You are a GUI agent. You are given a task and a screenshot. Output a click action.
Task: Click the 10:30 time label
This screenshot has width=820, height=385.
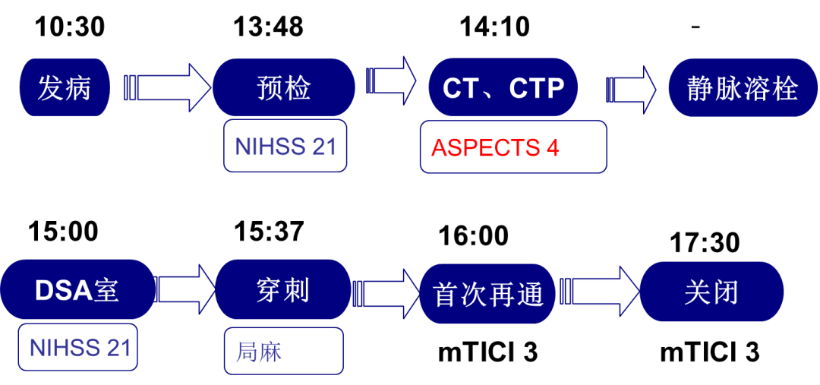coord(70,27)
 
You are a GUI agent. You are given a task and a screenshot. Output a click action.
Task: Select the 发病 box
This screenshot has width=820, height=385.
coord(65,87)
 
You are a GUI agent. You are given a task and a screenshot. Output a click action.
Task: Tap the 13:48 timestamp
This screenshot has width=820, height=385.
coord(268,27)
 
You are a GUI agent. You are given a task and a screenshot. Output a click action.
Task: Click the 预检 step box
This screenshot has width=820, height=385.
coord(283,87)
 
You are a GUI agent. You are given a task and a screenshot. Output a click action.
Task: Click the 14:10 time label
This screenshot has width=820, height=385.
coord(495,27)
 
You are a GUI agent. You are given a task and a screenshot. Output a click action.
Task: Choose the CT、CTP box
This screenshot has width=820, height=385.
coord(503,87)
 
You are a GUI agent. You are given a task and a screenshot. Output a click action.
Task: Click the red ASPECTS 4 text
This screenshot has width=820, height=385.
coord(495,148)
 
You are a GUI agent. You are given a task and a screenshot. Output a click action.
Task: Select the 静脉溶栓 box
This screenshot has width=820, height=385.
coord(742,87)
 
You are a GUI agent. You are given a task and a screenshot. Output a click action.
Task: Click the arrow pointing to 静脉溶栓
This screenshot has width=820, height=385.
coord(631,87)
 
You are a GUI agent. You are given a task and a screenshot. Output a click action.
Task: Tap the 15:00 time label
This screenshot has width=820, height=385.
coord(63,231)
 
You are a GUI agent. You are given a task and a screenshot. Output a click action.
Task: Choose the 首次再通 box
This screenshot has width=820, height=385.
coord(488,293)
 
